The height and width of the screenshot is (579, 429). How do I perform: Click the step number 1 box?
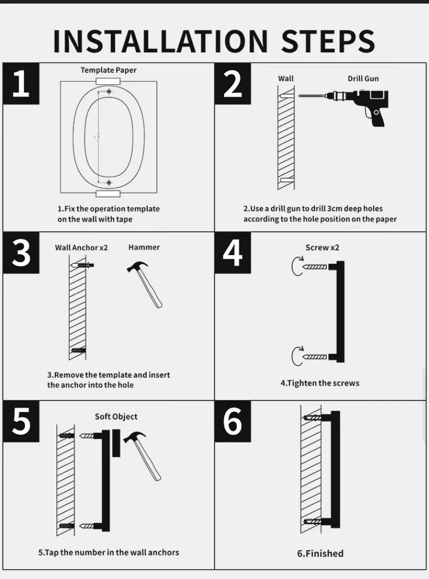[x=21, y=83]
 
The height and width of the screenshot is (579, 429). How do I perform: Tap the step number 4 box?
[x=233, y=253]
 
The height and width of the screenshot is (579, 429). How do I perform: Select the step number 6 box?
[x=233, y=421]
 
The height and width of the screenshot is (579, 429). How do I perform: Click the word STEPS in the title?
[x=328, y=41]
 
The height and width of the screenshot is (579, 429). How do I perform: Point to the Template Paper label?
[x=108, y=70]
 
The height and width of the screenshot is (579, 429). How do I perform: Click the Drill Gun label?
[x=363, y=79]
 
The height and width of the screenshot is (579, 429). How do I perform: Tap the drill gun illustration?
[x=344, y=107]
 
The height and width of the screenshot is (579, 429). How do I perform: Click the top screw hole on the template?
[x=109, y=91]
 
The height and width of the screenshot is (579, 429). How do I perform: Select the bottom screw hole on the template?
[x=109, y=183]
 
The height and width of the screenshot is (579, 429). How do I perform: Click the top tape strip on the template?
[x=108, y=81]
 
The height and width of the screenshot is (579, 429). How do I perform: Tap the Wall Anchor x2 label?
[x=81, y=248]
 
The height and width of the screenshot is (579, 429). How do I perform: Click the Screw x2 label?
[x=322, y=247]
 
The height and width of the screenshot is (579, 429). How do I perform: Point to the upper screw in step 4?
[x=315, y=266]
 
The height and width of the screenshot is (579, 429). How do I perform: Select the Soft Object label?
[x=116, y=417]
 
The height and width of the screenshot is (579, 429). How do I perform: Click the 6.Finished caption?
[x=320, y=553]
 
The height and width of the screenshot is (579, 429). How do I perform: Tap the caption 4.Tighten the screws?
[x=320, y=383]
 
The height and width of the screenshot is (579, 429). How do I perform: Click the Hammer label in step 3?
[x=144, y=247]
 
